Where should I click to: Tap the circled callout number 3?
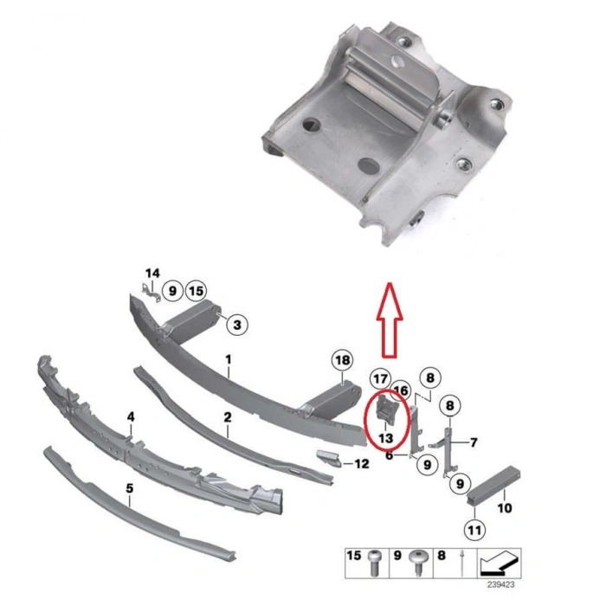(x=239, y=326)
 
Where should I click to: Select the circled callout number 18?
(x=343, y=360)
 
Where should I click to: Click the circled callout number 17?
(x=380, y=378)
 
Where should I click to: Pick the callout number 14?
(x=152, y=274)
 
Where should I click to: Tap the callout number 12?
(x=362, y=464)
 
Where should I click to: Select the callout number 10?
(x=504, y=508)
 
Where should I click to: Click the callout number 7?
(x=473, y=442)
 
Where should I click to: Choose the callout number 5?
(x=129, y=489)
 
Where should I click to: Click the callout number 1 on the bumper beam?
(x=229, y=358)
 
